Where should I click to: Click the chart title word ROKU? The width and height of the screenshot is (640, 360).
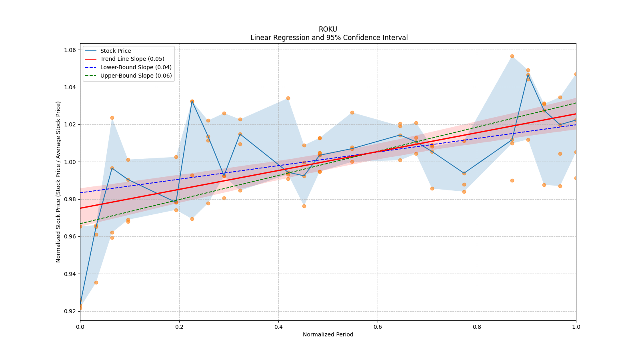(328, 29)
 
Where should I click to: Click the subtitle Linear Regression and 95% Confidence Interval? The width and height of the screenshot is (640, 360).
(329, 38)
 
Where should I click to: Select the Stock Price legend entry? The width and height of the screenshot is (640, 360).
(116, 51)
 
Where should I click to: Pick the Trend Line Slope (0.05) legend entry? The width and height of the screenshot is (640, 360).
(132, 59)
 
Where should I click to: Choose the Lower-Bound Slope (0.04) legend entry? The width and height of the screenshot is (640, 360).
(136, 67)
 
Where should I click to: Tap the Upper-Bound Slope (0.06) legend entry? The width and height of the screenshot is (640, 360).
(136, 76)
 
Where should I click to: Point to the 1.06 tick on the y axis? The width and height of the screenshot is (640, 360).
(71, 50)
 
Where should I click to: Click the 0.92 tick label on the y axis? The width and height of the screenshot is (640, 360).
(71, 311)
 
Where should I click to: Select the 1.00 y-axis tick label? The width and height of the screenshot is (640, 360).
(71, 162)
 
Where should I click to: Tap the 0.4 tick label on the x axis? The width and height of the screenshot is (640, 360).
(278, 327)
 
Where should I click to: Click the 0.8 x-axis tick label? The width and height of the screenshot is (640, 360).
(477, 327)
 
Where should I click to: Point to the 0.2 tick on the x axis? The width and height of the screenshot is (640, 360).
(179, 327)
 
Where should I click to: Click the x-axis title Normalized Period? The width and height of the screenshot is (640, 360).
(328, 334)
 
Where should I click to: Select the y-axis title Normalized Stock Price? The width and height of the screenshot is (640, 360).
(58, 182)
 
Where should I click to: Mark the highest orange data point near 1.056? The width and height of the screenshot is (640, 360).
(512, 56)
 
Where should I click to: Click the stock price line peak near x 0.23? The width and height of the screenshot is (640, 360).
(192, 102)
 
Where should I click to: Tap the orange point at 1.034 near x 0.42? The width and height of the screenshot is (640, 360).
(288, 98)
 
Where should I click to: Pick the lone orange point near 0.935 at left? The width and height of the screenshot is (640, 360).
(96, 282)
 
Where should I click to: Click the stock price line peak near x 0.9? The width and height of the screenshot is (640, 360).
(528, 75)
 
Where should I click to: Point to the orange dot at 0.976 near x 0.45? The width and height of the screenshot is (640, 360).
(304, 206)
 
